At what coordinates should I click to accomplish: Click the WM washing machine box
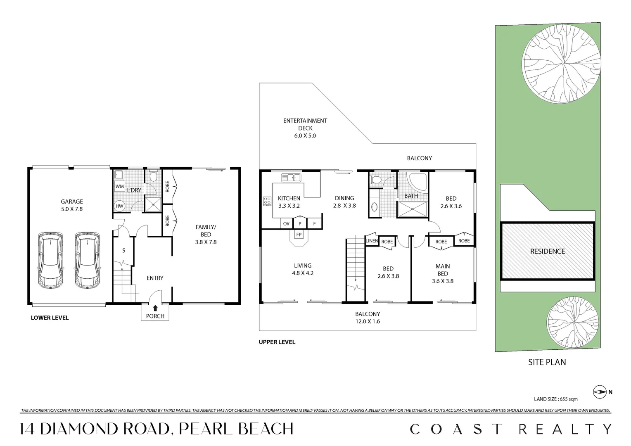click(120, 187)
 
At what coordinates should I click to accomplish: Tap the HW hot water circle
click(119, 206)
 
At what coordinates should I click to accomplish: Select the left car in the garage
click(50, 260)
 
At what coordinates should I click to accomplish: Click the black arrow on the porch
click(155, 308)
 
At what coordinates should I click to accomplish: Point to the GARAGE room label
click(72, 202)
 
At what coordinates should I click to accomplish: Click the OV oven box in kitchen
click(286, 223)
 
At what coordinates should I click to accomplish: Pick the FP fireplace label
click(299, 235)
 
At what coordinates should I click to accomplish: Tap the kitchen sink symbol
click(291, 178)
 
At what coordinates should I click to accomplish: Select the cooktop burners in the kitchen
click(267, 201)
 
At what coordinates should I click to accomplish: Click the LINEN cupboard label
click(372, 241)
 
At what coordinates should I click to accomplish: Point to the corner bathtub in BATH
click(418, 185)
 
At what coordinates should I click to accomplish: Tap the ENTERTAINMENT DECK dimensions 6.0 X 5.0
click(305, 135)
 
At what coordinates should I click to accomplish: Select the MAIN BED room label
click(443, 270)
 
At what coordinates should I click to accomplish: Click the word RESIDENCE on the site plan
click(548, 251)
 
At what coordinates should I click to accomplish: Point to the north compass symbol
click(600, 391)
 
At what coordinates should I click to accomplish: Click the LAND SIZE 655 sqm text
click(555, 399)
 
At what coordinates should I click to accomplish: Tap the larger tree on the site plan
click(561, 64)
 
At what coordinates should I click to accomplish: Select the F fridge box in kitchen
click(314, 223)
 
